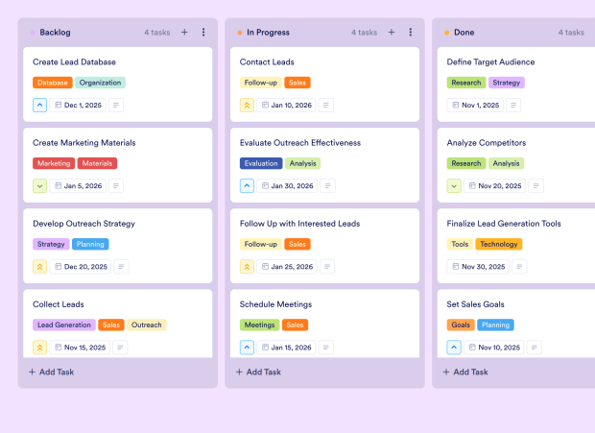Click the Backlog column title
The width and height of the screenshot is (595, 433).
(x=55, y=33)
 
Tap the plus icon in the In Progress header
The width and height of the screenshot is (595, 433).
(x=392, y=33)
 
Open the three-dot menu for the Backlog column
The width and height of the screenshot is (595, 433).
(x=203, y=33)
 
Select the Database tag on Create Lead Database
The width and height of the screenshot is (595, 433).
(x=53, y=83)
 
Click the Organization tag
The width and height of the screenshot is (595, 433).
(x=100, y=83)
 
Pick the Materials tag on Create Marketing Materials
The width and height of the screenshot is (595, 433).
(x=97, y=163)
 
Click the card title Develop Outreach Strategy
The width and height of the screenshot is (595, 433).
(x=83, y=224)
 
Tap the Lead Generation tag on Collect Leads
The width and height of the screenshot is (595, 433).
(x=64, y=325)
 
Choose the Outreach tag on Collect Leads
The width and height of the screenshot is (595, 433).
(x=146, y=325)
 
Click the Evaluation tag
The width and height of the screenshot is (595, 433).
(x=261, y=163)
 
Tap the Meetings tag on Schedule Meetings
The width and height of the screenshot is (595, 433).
(x=259, y=325)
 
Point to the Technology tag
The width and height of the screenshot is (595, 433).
(x=498, y=244)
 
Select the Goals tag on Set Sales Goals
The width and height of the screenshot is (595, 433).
(x=461, y=325)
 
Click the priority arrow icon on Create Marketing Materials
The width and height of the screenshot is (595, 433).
(x=40, y=185)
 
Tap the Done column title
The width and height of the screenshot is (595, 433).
(x=464, y=33)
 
